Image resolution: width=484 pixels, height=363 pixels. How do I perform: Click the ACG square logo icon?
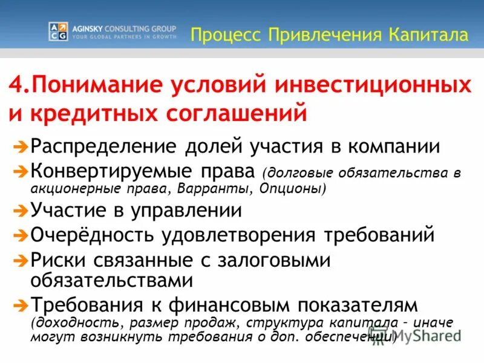click(58, 31)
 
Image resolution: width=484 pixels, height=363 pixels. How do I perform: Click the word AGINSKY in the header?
click(90, 28)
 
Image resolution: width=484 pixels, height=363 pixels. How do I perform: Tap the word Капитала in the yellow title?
click(427, 34)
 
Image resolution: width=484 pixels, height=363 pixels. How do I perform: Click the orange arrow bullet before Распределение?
click(20, 146)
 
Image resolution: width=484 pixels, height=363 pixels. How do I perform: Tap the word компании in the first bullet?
click(387, 146)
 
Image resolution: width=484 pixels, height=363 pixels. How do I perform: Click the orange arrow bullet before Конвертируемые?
click(20, 171)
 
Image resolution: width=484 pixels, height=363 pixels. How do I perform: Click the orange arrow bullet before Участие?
click(20, 211)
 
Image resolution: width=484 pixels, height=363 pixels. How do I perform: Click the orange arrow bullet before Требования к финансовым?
click(20, 303)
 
